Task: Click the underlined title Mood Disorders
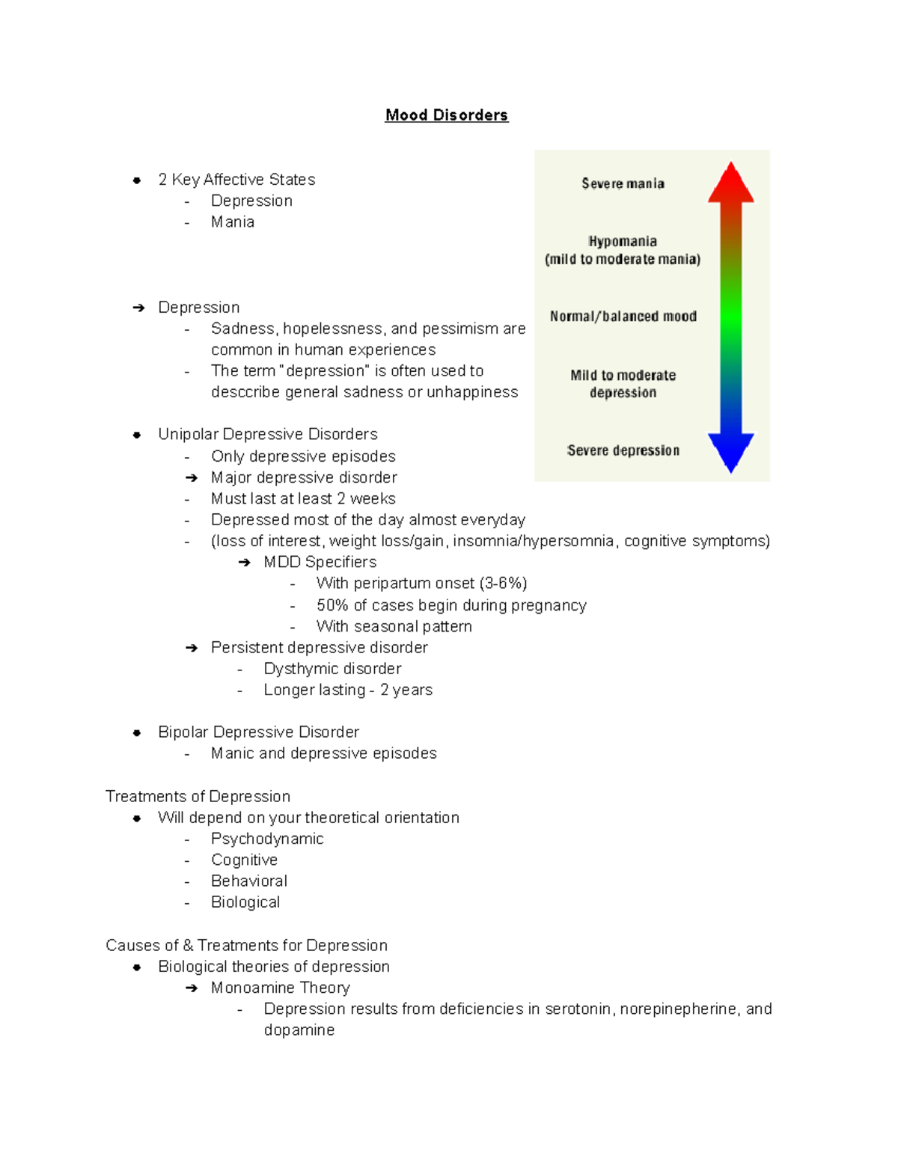447,115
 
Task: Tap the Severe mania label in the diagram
623,184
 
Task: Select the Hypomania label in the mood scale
623,242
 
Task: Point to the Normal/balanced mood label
623,317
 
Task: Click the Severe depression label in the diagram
623,450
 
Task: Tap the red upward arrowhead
731,184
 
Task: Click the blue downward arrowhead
731,451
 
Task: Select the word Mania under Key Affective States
233,222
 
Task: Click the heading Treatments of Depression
198,796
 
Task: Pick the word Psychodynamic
267,839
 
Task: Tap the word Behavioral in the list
249,881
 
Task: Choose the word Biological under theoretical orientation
245,902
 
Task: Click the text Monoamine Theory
280,988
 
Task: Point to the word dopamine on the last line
299,1030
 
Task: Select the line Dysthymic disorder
332,669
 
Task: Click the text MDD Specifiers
320,562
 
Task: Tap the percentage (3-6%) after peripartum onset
503,584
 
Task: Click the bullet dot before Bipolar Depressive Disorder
137,733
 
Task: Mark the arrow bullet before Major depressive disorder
192,478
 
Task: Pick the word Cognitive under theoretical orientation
244,860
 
